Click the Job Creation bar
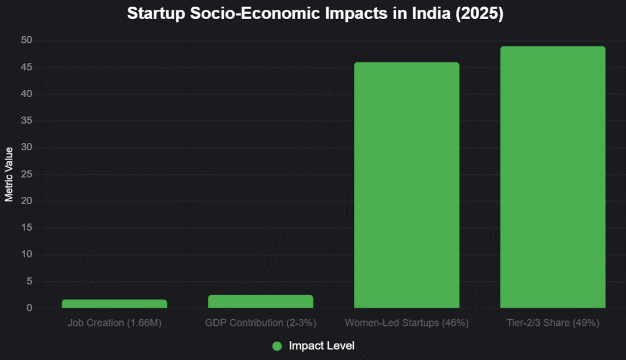[114, 304]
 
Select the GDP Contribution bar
[261, 301]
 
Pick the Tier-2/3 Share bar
[553, 177]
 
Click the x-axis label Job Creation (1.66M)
[114, 323]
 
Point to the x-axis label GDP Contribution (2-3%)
[261, 323]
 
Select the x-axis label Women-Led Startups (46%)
[407, 323]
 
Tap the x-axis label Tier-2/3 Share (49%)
[553, 323]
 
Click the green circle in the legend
[277, 346]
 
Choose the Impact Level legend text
[322, 346]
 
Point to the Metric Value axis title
[9, 174]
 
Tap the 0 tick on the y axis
[29, 309]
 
